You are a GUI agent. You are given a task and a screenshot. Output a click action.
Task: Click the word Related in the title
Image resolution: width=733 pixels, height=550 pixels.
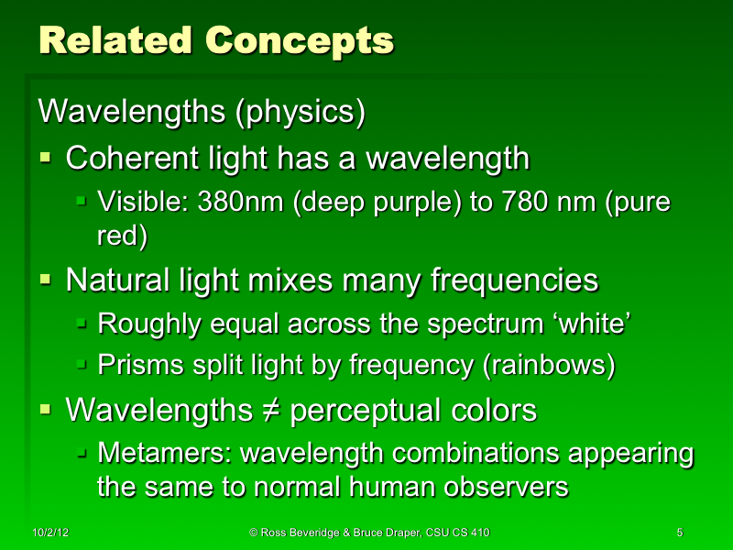(116, 40)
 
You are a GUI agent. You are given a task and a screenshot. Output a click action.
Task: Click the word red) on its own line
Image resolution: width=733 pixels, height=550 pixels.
(123, 235)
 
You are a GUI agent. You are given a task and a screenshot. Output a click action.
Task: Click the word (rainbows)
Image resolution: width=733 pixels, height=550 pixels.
(548, 366)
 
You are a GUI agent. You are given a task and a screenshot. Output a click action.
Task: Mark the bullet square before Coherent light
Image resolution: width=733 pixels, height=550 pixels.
(47, 159)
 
